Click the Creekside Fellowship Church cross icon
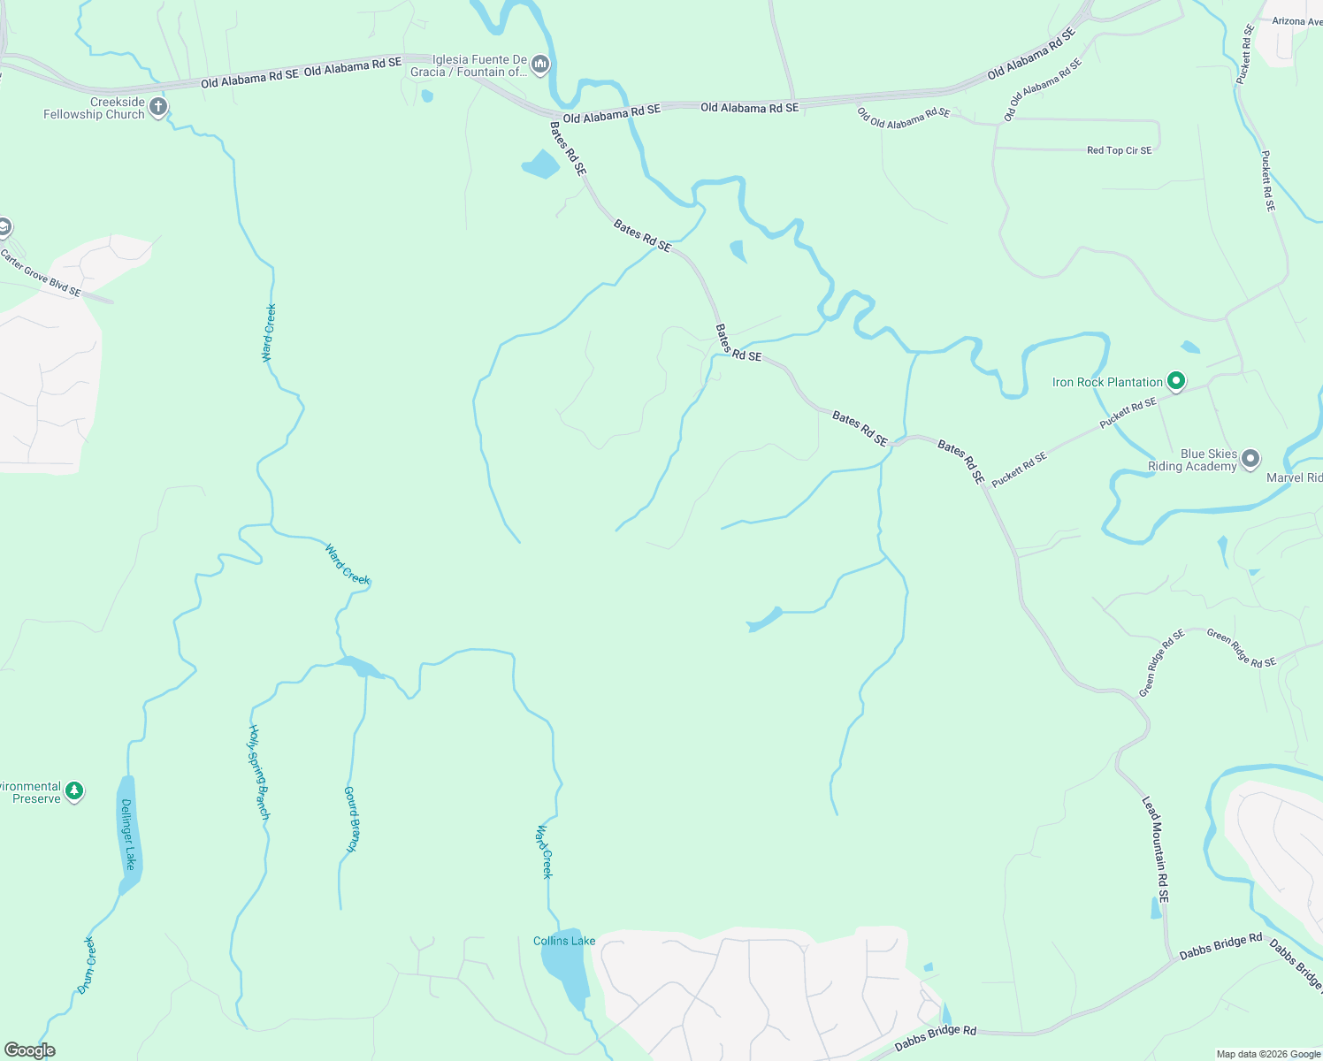[158, 107]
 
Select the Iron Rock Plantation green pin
[1175, 382]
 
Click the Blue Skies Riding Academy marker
[1250, 459]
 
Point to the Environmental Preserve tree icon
[74, 790]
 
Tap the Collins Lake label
[563, 941]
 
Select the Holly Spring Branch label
[258, 772]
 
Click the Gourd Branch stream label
[351, 820]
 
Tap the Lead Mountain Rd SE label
[1156, 849]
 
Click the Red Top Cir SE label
[1119, 150]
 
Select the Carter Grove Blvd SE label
[40, 272]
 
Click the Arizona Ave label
[1296, 21]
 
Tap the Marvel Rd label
[1294, 477]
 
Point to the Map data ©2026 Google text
[1268, 1054]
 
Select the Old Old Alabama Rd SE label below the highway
[903, 118]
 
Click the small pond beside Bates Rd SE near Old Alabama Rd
[540, 164]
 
